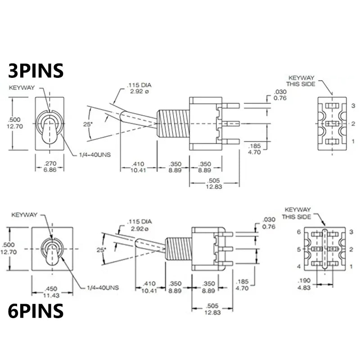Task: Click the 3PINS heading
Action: coord(36,71)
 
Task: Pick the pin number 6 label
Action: coord(298,232)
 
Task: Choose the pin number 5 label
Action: coord(298,249)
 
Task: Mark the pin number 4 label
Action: coord(298,266)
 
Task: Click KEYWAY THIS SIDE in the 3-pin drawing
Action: coord(301,81)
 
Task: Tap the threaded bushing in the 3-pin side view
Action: coord(172,122)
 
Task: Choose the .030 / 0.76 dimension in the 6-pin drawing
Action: coord(269,224)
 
